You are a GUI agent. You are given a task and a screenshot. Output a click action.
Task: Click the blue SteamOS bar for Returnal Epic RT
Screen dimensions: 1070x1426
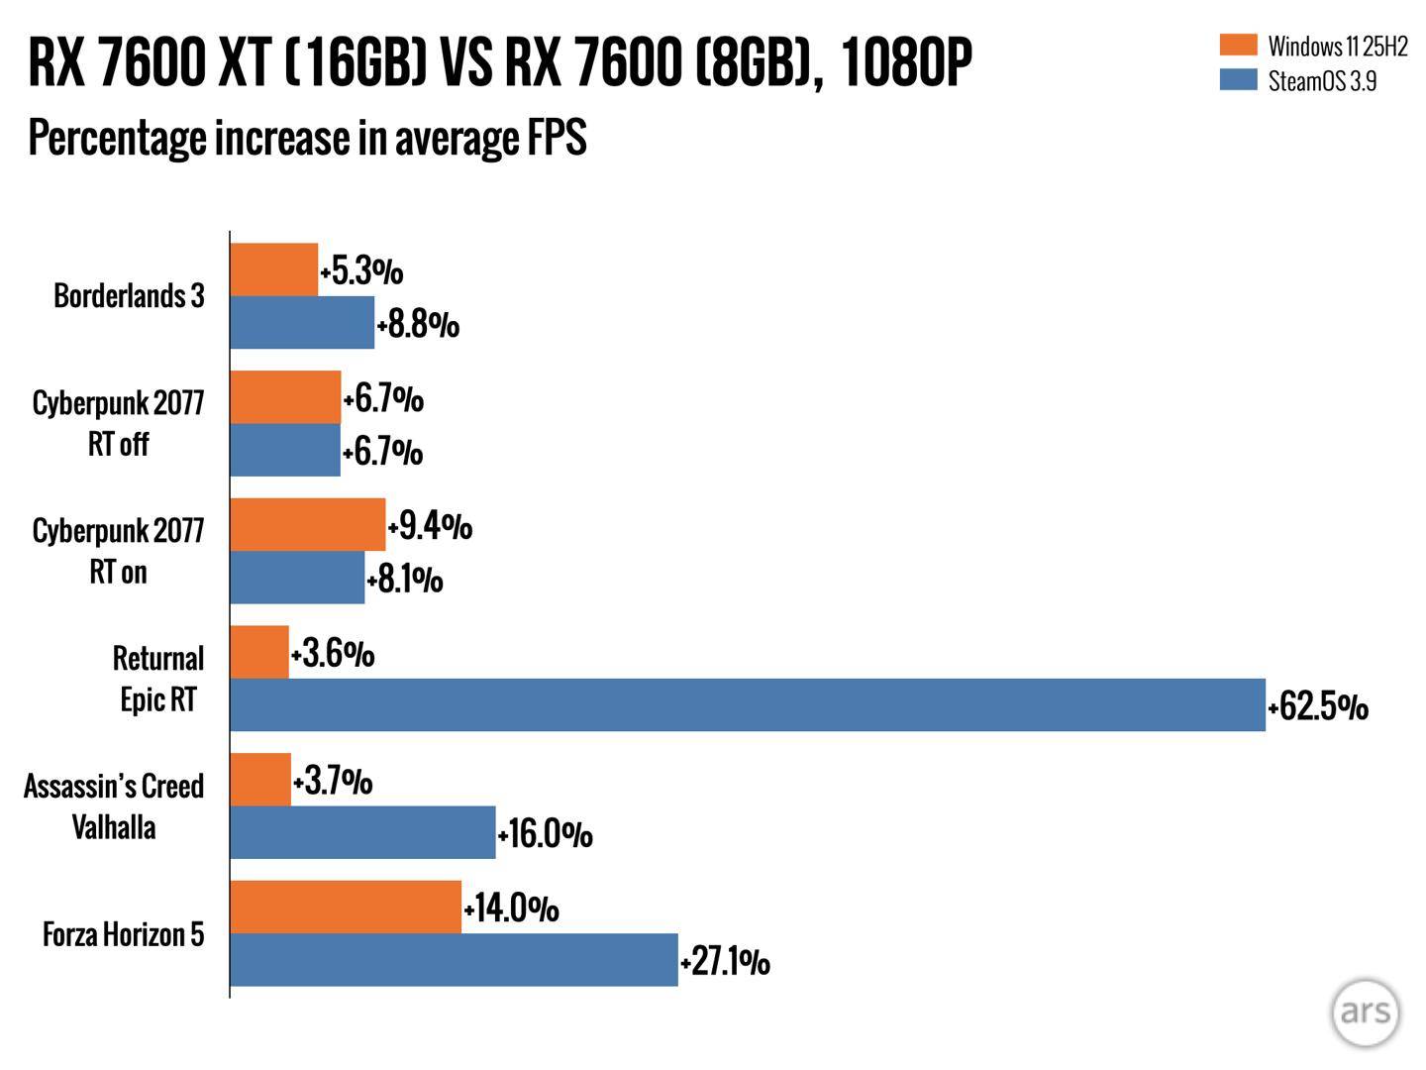click(x=748, y=705)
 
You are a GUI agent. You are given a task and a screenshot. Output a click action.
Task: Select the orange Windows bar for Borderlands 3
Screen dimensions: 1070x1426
click(x=274, y=269)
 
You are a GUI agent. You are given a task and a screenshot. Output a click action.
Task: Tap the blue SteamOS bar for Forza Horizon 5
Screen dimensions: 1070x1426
click(x=454, y=959)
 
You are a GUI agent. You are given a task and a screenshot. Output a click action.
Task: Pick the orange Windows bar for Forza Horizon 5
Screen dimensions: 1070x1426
click(x=346, y=907)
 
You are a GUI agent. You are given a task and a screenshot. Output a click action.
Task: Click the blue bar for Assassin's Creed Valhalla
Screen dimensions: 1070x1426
click(x=362, y=832)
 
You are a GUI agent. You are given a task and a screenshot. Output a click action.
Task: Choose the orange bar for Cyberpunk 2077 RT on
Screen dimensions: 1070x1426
click(x=307, y=524)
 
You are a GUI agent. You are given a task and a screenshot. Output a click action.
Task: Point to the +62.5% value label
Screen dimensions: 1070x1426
click(x=1318, y=706)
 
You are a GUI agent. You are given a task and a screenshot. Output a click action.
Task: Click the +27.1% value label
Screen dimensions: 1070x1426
click(x=725, y=961)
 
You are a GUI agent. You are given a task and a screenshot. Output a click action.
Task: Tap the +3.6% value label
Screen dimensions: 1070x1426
click(x=333, y=654)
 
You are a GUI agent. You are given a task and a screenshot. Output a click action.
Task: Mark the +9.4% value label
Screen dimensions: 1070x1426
click(x=430, y=526)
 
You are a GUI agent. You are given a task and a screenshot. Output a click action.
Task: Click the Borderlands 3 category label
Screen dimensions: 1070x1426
click(x=129, y=296)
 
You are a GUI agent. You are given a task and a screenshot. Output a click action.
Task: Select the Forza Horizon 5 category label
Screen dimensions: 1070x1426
click(x=123, y=934)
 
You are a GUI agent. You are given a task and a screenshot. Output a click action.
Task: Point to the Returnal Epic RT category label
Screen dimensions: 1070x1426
click(x=157, y=679)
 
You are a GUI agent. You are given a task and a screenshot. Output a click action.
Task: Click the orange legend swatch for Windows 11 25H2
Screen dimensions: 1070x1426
click(x=1238, y=45)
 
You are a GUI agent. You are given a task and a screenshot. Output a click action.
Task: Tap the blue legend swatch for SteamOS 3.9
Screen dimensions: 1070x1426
click(x=1238, y=80)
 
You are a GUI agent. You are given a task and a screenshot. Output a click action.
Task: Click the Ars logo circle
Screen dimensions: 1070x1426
click(x=1366, y=1013)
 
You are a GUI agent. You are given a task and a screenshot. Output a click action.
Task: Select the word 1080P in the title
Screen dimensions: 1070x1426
click(x=905, y=64)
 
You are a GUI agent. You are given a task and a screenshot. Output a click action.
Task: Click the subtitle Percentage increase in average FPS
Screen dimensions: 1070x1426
click(x=307, y=138)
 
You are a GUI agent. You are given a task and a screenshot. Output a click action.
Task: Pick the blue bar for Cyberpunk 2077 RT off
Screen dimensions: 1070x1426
click(x=285, y=451)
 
